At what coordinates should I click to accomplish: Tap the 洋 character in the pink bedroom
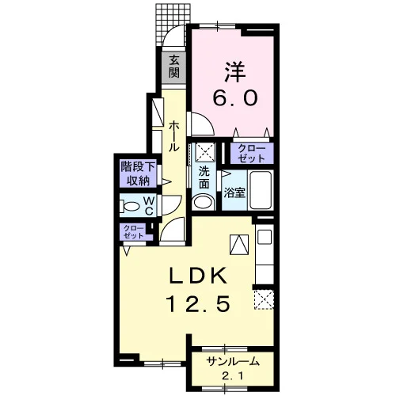coord(235,71)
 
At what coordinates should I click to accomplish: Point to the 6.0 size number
coord(235,98)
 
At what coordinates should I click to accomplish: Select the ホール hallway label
coord(173,136)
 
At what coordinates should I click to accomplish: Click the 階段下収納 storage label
coord(138,173)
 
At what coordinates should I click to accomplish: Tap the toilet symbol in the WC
coord(129,206)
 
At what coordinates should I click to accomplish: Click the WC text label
coord(149,206)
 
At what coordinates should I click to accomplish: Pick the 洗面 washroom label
coord(204,178)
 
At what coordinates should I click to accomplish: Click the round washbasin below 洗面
coord(204,202)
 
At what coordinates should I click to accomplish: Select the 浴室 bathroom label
coord(234,192)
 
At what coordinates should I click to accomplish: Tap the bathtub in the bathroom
coord(261,190)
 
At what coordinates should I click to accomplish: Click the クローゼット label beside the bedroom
coord(252,154)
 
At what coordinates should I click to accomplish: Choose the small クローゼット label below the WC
coord(134,232)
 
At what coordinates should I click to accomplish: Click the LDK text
coord(198,276)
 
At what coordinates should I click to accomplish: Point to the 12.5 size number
coord(198,303)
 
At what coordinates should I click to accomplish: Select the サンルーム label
coord(233,362)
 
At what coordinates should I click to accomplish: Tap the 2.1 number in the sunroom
coord(233,376)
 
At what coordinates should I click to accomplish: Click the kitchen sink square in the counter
coord(265,237)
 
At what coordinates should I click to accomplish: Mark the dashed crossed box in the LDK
coord(264,299)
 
